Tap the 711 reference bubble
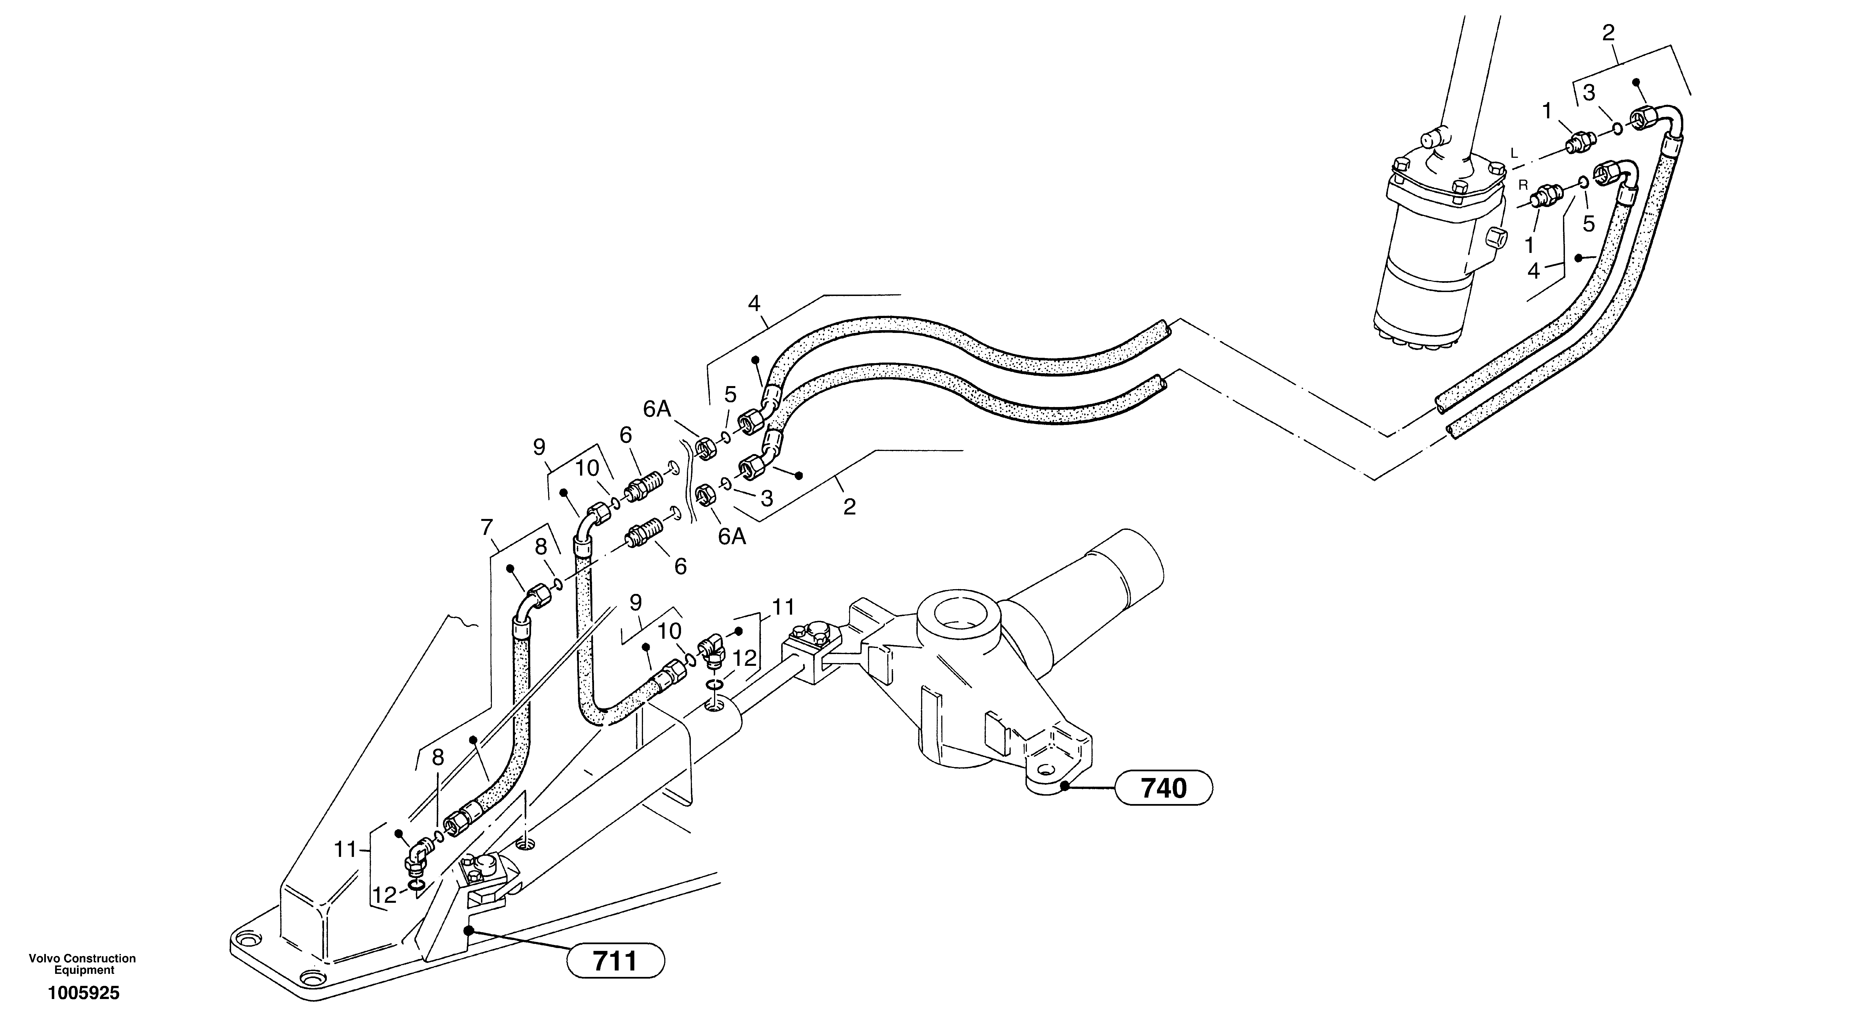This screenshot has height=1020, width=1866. tap(615, 961)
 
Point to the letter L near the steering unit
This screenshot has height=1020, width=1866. tap(1513, 153)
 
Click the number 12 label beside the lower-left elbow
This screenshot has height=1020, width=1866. tap(385, 896)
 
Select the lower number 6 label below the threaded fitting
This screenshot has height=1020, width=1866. tap(680, 567)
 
